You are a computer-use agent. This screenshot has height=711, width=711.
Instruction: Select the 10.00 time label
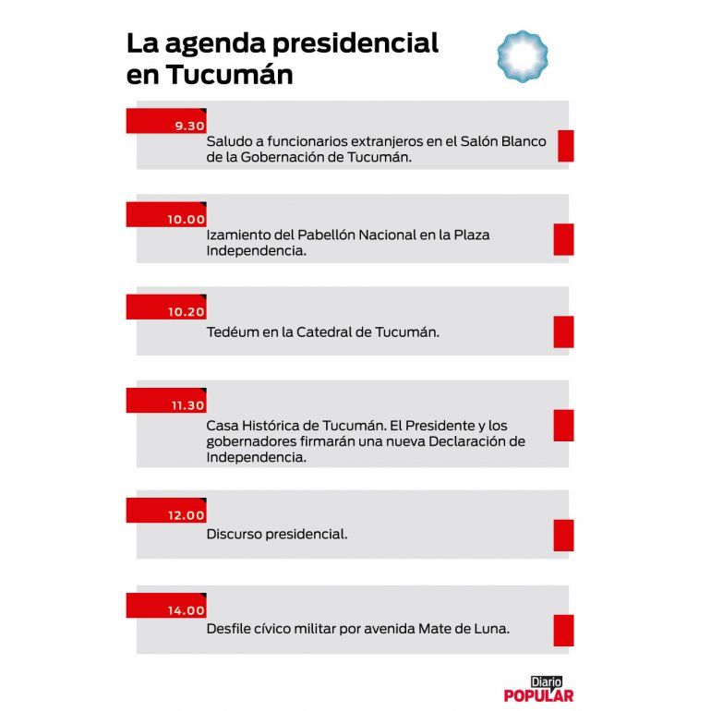(187, 220)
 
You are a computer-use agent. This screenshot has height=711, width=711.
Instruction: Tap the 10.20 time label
(187, 312)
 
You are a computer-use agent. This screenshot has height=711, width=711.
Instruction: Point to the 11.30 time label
(187, 405)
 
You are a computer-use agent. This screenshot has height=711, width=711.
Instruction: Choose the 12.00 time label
(187, 515)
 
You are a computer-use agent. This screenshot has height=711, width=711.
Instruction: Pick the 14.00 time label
(187, 610)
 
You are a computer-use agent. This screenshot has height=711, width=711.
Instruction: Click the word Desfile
(231, 629)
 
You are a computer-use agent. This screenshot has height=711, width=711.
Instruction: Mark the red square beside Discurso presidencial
(563, 535)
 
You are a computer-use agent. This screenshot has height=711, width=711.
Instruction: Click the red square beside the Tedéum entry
(563, 331)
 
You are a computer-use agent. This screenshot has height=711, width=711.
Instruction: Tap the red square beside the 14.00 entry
(563, 630)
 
